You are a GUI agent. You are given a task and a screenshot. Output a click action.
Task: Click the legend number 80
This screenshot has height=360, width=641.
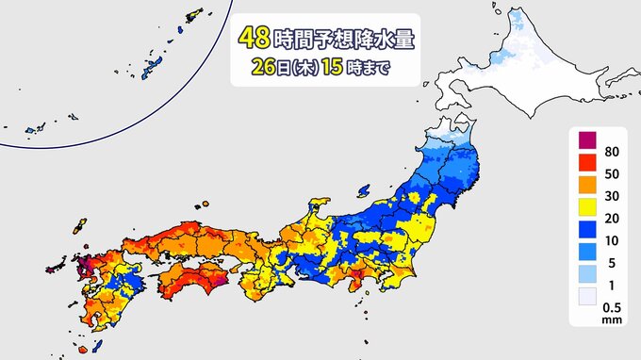[x=611, y=154]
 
